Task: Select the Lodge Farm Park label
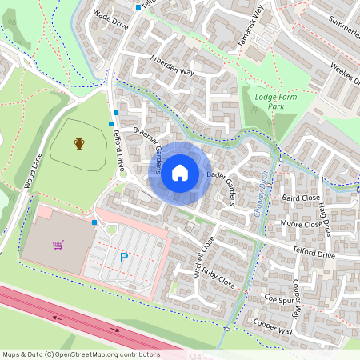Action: pos(270,101)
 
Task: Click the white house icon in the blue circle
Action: pos(180,172)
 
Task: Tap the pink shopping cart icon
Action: pos(58,245)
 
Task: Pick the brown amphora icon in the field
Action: pos(79,144)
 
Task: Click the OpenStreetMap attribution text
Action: pos(81,354)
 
